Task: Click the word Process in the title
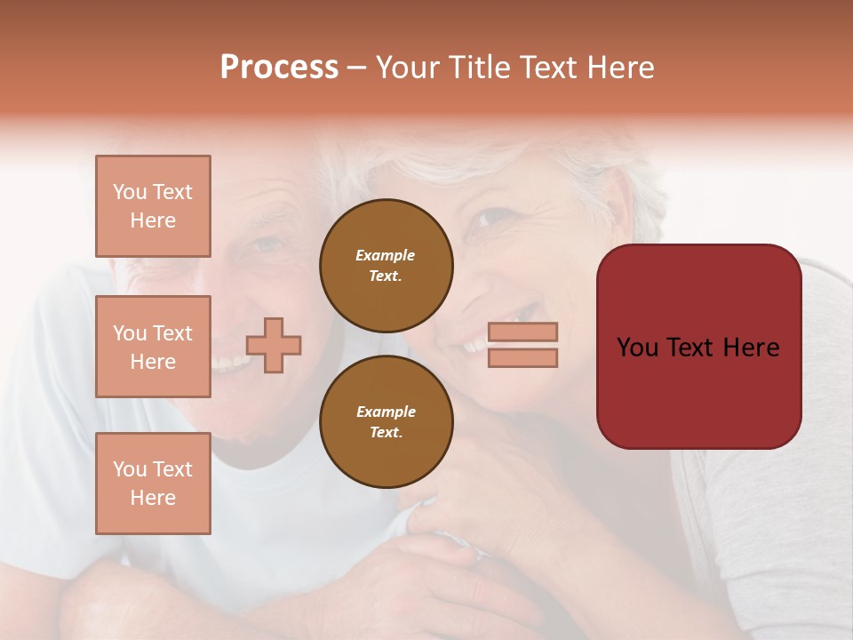pyautogui.click(x=279, y=68)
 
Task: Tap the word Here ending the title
pyautogui.click(x=619, y=68)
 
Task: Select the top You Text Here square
pyautogui.click(x=153, y=206)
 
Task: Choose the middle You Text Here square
pyautogui.click(x=153, y=347)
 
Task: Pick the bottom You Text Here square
pyautogui.click(x=153, y=483)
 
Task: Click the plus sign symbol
pyautogui.click(x=274, y=345)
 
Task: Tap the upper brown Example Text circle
pyautogui.click(x=387, y=265)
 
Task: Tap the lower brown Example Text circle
pyautogui.click(x=387, y=421)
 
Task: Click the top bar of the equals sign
pyautogui.click(x=522, y=332)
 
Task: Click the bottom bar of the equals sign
pyautogui.click(x=522, y=357)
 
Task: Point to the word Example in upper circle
pyautogui.click(x=386, y=255)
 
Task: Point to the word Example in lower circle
pyautogui.click(x=386, y=412)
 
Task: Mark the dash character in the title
pyautogui.click(x=356, y=68)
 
